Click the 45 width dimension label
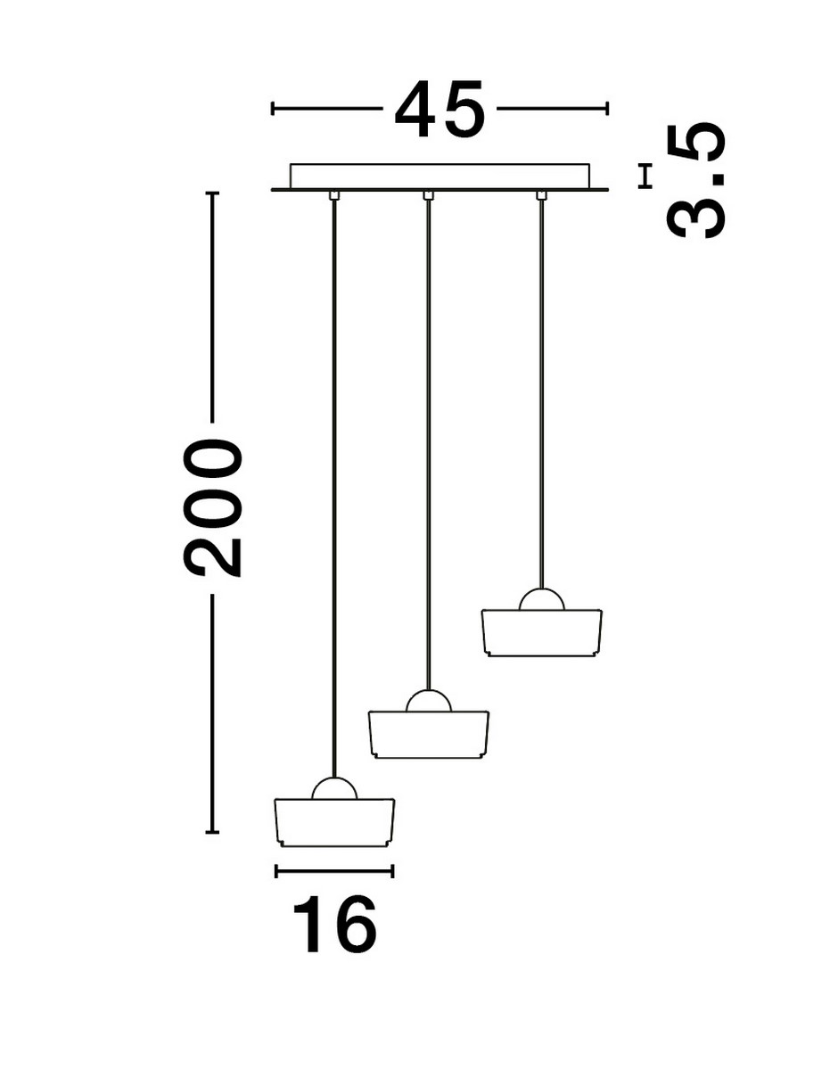pyautogui.click(x=440, y=110)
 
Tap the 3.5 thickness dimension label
pyautogui.click(x=696, y=182)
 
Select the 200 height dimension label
pyautogui.click(x=213, y=508)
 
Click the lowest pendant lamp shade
pyautogui.click(x=334, y=821)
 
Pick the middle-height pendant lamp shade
pyautogui.click(x=429, y=734)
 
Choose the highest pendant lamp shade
pyautogui.click(x=540, y=631)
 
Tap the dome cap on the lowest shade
pyautogui.click(x=334, y=788)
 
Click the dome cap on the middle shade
pyautogui.click(x=429, y=701)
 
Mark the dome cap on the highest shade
pyautogui.click(x=540, y=599)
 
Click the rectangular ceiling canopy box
pyautogui.click(x=440, y=176)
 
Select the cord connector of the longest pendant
pyautogui.click(x=333, y=195)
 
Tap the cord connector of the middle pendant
pyautogui.click(x=428, y=195)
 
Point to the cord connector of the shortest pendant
pyautogui.click(x=540, y=195)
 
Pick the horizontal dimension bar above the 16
pyautogui.click(x=334, y=870)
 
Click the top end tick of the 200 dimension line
pyautogui.click(x=212, y=193)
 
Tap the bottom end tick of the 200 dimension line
pyautogui.click(x=212, y=832)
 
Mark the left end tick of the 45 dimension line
pyautogui.click(x=273, y=109)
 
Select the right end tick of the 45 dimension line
pyautogui.click(x=607, y=109)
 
